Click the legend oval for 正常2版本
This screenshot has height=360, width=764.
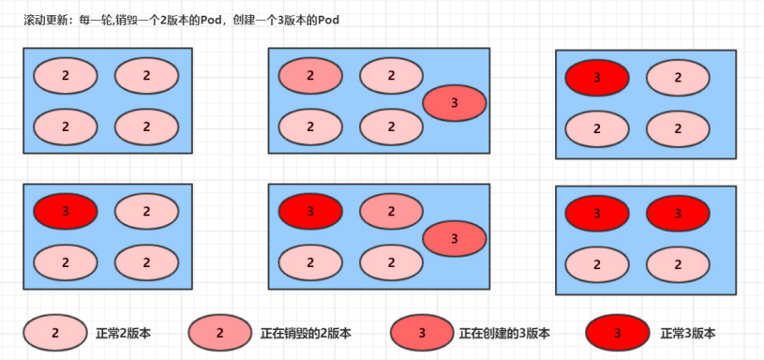click(x=55, y=333)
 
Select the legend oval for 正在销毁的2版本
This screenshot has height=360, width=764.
click(x=220, y=333)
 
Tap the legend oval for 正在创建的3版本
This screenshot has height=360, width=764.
click(x=422, y=333)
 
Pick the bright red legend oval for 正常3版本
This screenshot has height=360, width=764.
click(x=617, y=333)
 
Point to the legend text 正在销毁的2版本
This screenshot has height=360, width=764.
click(x=306, y=334)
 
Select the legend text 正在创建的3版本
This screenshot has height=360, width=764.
click(x=504, y=334)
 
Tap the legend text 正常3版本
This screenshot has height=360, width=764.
click(x=688, y=334)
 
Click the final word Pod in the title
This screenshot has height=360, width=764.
click(x=326, y=20)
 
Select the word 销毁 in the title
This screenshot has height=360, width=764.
click(x=129, y=20)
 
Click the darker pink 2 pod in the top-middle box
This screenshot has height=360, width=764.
click(x=310, y=75)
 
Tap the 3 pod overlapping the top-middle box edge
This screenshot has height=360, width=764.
click(x=455, y=102)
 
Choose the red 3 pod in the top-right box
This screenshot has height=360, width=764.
click(x=597, y=78)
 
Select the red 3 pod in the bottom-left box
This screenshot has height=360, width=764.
click(x=65, y=212)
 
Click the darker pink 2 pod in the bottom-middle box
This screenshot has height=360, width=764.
click(x=391, y=212)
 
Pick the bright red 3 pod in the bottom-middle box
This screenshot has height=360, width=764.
click(x=310, y=212)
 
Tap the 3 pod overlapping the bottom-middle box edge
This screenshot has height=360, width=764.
click(x=455, y=239)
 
